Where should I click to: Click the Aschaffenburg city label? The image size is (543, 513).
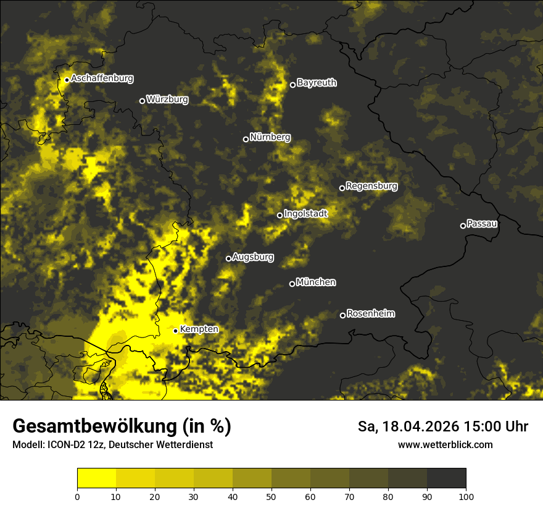coord(102,78)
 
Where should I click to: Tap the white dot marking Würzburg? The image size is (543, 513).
coord(142,101)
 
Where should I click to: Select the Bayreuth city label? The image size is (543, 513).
coord(317,83)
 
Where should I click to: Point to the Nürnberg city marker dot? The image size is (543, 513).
coord(246,139)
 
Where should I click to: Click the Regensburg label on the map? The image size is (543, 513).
coord(371,186)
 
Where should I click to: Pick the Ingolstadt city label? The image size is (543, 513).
coord(305,213)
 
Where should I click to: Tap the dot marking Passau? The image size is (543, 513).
coord(463,226)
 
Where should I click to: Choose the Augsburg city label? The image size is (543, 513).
coord(253,257)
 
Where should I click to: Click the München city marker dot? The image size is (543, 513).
coord(292,284)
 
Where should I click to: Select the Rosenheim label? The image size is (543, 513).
coord(371,314)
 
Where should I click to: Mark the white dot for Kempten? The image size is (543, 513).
coord(175,331)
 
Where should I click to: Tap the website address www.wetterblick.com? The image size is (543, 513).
coord(445,444)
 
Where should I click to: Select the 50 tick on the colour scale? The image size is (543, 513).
coord(271,496)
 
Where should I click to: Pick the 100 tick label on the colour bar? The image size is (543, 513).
coord(466,496)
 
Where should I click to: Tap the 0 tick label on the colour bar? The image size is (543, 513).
coord(77,496)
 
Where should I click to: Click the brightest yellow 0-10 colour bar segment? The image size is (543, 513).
coord(96,478)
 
